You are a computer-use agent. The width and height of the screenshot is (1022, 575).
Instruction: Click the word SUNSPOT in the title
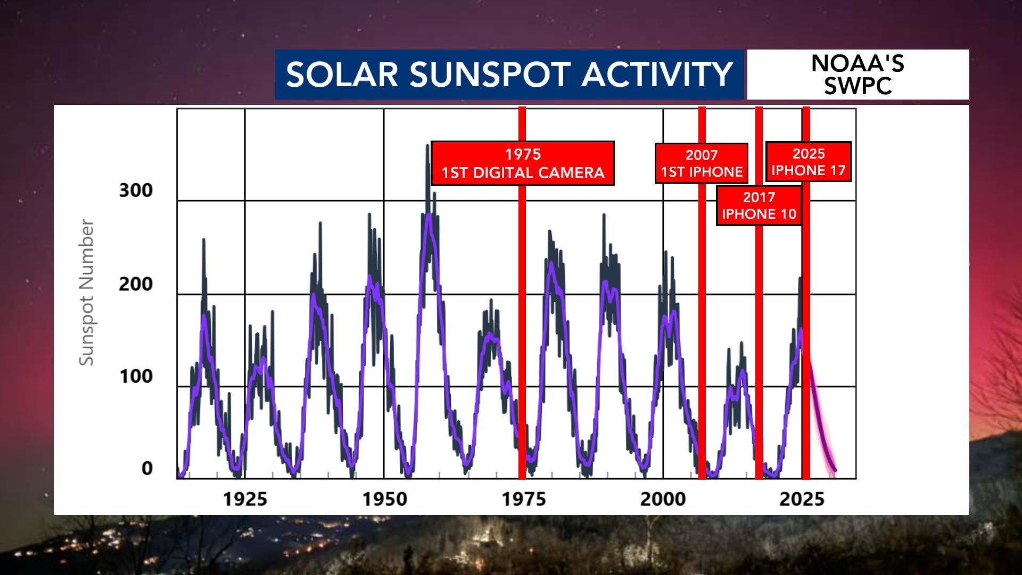coord(490,74)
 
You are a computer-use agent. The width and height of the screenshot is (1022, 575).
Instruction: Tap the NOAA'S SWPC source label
coord(858,75)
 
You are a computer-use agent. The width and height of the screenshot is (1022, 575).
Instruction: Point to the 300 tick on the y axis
coord(136,190)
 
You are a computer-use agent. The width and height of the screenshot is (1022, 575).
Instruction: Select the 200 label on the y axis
coord(136,284)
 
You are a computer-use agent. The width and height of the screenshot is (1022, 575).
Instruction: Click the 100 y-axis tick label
coord(136,376)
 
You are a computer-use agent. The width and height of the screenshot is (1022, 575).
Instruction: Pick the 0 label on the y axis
coord(147,469)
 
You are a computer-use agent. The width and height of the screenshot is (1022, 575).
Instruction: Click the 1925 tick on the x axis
coord(245,499)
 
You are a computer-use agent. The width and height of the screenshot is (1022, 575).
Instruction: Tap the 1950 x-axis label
coord(384,499)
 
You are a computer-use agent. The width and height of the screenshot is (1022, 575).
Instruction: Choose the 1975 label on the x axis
coord(524,499)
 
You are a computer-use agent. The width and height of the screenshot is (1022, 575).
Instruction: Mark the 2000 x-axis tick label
coord(663,499)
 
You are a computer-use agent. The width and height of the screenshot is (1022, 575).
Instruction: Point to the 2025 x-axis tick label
coord(802,499)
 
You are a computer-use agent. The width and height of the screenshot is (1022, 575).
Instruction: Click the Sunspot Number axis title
coord(86,292)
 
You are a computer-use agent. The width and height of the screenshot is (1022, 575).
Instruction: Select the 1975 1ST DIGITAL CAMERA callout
coord(523,163)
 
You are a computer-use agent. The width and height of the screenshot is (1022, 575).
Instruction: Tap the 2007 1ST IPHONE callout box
coord(702,163)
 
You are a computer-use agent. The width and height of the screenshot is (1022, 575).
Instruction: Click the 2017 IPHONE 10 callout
coord(759,206)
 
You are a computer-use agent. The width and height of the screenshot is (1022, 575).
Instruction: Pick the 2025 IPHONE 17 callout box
coord(809,162)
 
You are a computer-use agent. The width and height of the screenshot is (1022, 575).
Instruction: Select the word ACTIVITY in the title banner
coord(657,74)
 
